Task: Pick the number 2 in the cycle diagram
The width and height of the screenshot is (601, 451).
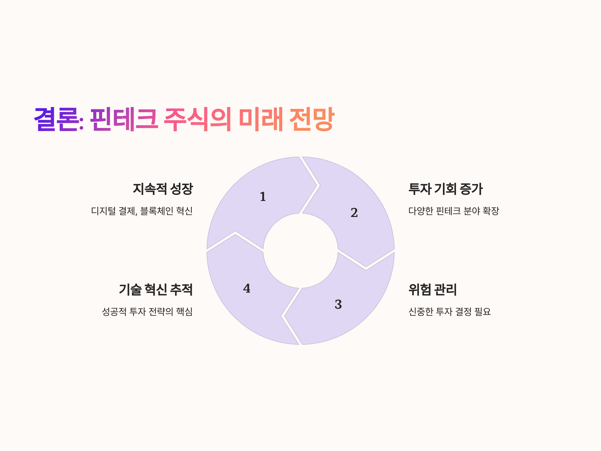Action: click(x=354, y=212)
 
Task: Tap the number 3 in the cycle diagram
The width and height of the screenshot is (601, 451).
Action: click(x=338, y=304)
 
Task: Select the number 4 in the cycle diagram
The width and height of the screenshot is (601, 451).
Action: click(x=247, y=288)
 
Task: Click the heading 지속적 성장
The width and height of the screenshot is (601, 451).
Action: click(x=163, y=189)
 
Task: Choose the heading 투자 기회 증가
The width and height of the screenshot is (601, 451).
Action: click(x=445, y=189)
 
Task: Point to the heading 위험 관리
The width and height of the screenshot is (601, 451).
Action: click(x=432, y=290)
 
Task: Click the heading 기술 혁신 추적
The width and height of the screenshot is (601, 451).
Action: click(x=156, y=290)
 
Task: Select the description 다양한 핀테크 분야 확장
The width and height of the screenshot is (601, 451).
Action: click(x=454, y=211)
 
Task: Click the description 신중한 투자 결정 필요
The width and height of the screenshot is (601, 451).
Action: click(x=450, y=311)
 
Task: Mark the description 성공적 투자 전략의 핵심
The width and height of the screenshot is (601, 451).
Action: click(x=147, y=311)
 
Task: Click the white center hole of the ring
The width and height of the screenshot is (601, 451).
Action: click(x=300, y=251)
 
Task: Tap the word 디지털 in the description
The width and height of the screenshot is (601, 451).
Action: click(x=103, y=211)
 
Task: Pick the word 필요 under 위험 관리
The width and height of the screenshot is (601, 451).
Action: click(x=483, y=311)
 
